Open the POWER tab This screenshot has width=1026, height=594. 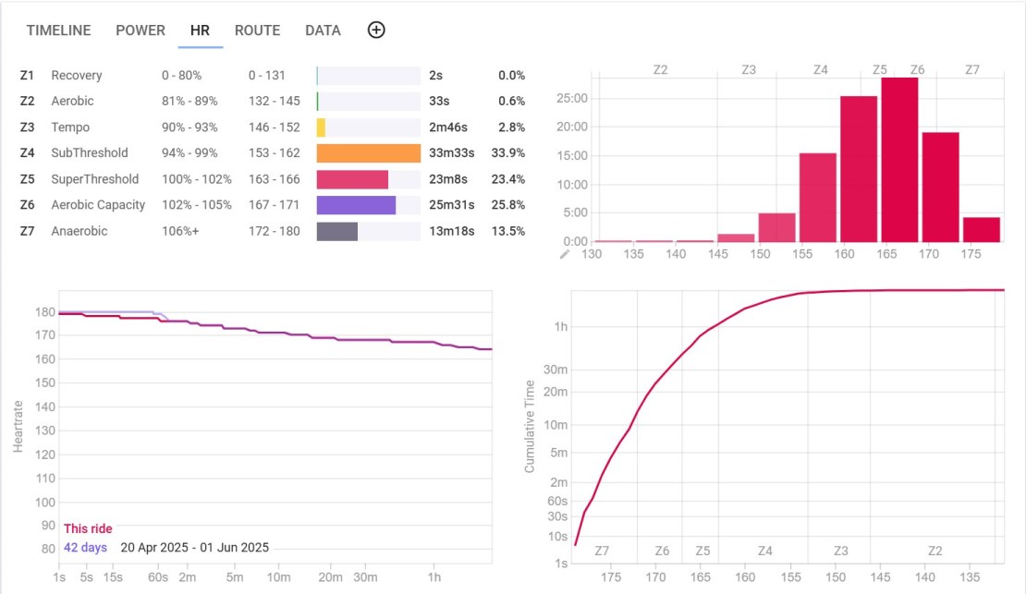[x=140, y=30]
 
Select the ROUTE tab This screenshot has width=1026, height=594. [x=257, y=30]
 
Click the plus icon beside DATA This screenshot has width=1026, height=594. [x=376, y=30]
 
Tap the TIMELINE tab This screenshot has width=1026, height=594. [x=58, y=30]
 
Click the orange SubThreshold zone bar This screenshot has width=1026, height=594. [x=368, y=153]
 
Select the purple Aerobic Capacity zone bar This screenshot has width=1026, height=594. [x=356, y=205]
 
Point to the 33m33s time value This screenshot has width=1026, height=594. [x=451, y=153]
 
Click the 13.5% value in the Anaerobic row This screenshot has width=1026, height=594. [x=510, y=231]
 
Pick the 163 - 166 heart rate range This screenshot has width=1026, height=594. [x=274, y=179]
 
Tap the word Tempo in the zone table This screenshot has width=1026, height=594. [x=70, y=127]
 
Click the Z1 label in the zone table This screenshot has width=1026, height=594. [x=27, y=76]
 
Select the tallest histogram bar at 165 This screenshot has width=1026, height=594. [x=898, y=159]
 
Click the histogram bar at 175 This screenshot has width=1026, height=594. [x=981, y=229]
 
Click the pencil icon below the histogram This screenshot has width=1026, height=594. [x=566, y=253]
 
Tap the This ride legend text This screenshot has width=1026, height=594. [x=88, y=528]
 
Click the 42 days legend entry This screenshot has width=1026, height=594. [x=85, y=547]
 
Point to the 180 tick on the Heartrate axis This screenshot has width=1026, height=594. [x=43, y=312]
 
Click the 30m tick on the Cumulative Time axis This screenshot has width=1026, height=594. [x=555, y=370]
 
